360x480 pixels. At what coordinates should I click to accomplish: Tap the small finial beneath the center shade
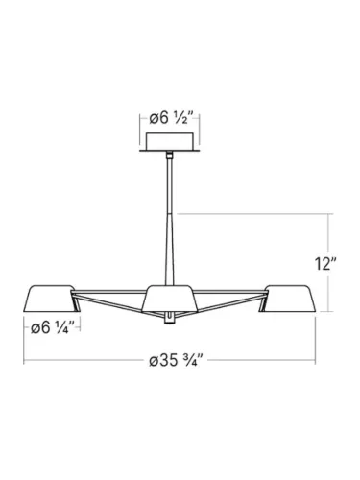[x=169, y=317]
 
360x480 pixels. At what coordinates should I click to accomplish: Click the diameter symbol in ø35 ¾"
[x=154, y=362]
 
